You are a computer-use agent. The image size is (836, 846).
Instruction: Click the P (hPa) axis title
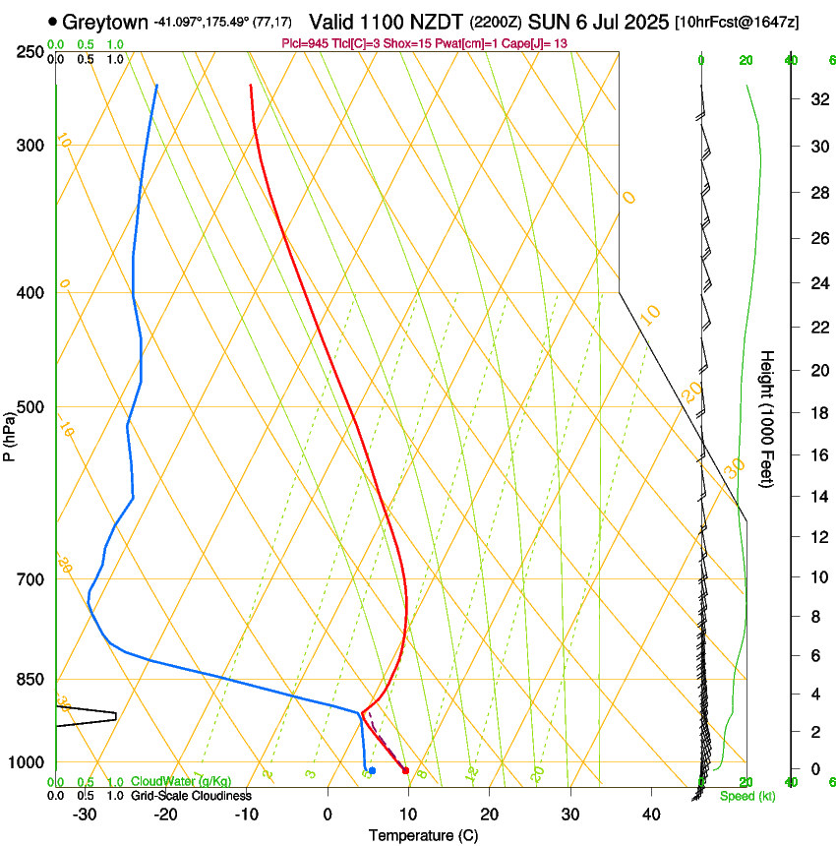pyautogui.click(x=10, y=434)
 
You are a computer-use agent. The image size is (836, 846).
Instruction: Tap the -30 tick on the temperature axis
pyautogui.click(x=85, y=815)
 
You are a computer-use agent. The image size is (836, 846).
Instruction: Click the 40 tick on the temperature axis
pyautogui.click(x=651, y=815)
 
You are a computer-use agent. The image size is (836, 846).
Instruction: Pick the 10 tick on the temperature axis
pyautogui.click(x=408, y=815)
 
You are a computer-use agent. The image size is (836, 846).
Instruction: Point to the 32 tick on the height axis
pyautogui.click(x=815, y=99)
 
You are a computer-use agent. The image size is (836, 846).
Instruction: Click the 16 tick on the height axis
pyautogui.click(x=815, y=454)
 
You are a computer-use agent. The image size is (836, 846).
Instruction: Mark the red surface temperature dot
pyautogui.click(x=405, y=770)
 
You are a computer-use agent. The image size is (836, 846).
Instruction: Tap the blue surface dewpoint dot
pyautogui.click(x=372, y=770)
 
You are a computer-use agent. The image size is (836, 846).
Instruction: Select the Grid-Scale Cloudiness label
pyautogui.click(x=191, y=795)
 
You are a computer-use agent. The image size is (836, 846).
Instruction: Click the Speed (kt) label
pyautogui.click(x=746, y=796)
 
